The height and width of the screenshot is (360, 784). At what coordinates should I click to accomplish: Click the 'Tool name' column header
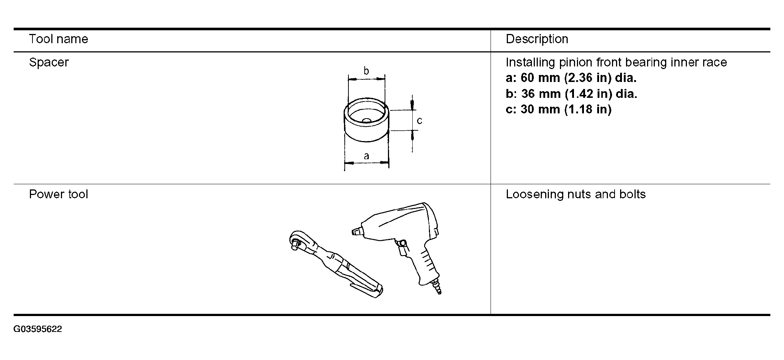pos(58,39)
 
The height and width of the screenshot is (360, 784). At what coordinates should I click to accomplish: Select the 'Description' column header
pos(537,39)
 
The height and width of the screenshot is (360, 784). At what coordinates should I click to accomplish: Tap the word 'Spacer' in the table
pos(49,62)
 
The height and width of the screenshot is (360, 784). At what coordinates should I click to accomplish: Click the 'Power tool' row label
pos(58,194)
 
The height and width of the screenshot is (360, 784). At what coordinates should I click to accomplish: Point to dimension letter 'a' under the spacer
pos(366,157)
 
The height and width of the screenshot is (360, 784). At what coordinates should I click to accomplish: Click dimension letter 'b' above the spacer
pos(366,71)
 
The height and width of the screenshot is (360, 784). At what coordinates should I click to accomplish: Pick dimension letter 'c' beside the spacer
pos(419,121)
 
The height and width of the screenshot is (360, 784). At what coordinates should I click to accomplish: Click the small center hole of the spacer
pos(367,120)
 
